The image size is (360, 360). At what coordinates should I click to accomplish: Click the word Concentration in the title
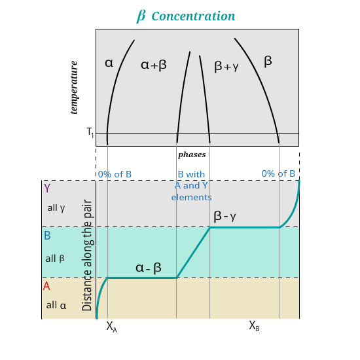coord(193,16)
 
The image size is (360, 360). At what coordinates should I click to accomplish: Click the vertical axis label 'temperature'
coord(74,88)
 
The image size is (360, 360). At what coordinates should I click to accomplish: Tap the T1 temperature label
coord(90,132)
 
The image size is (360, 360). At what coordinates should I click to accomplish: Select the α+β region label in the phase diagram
coord(154,65)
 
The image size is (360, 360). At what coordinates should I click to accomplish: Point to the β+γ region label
coord(226,66)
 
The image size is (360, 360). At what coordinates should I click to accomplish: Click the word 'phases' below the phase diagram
coord(192,154)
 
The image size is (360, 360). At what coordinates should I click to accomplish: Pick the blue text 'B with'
coord(191,174)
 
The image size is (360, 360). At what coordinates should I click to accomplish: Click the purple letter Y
coord(47,188)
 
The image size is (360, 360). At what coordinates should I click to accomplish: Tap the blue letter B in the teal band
coord(47,236)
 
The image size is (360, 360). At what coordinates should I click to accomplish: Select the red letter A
coord(46,286)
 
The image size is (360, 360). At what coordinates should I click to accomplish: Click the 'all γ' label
coord(56,208)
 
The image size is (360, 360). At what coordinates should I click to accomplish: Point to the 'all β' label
coord(55,259)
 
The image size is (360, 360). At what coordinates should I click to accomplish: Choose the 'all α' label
coord(56,306)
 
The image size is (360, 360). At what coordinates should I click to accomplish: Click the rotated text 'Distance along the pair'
coord(87,255)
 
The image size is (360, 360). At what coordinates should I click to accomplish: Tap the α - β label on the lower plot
coord(149,268)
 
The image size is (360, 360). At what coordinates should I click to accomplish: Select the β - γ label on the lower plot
coord(225,216)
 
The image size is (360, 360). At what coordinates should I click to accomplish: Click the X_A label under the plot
coord(111,327)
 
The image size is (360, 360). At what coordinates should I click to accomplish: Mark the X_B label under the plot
coord(254,326)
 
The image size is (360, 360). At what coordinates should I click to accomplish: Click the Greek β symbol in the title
coord(141,16)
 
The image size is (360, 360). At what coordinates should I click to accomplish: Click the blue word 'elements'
coord(192,197)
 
